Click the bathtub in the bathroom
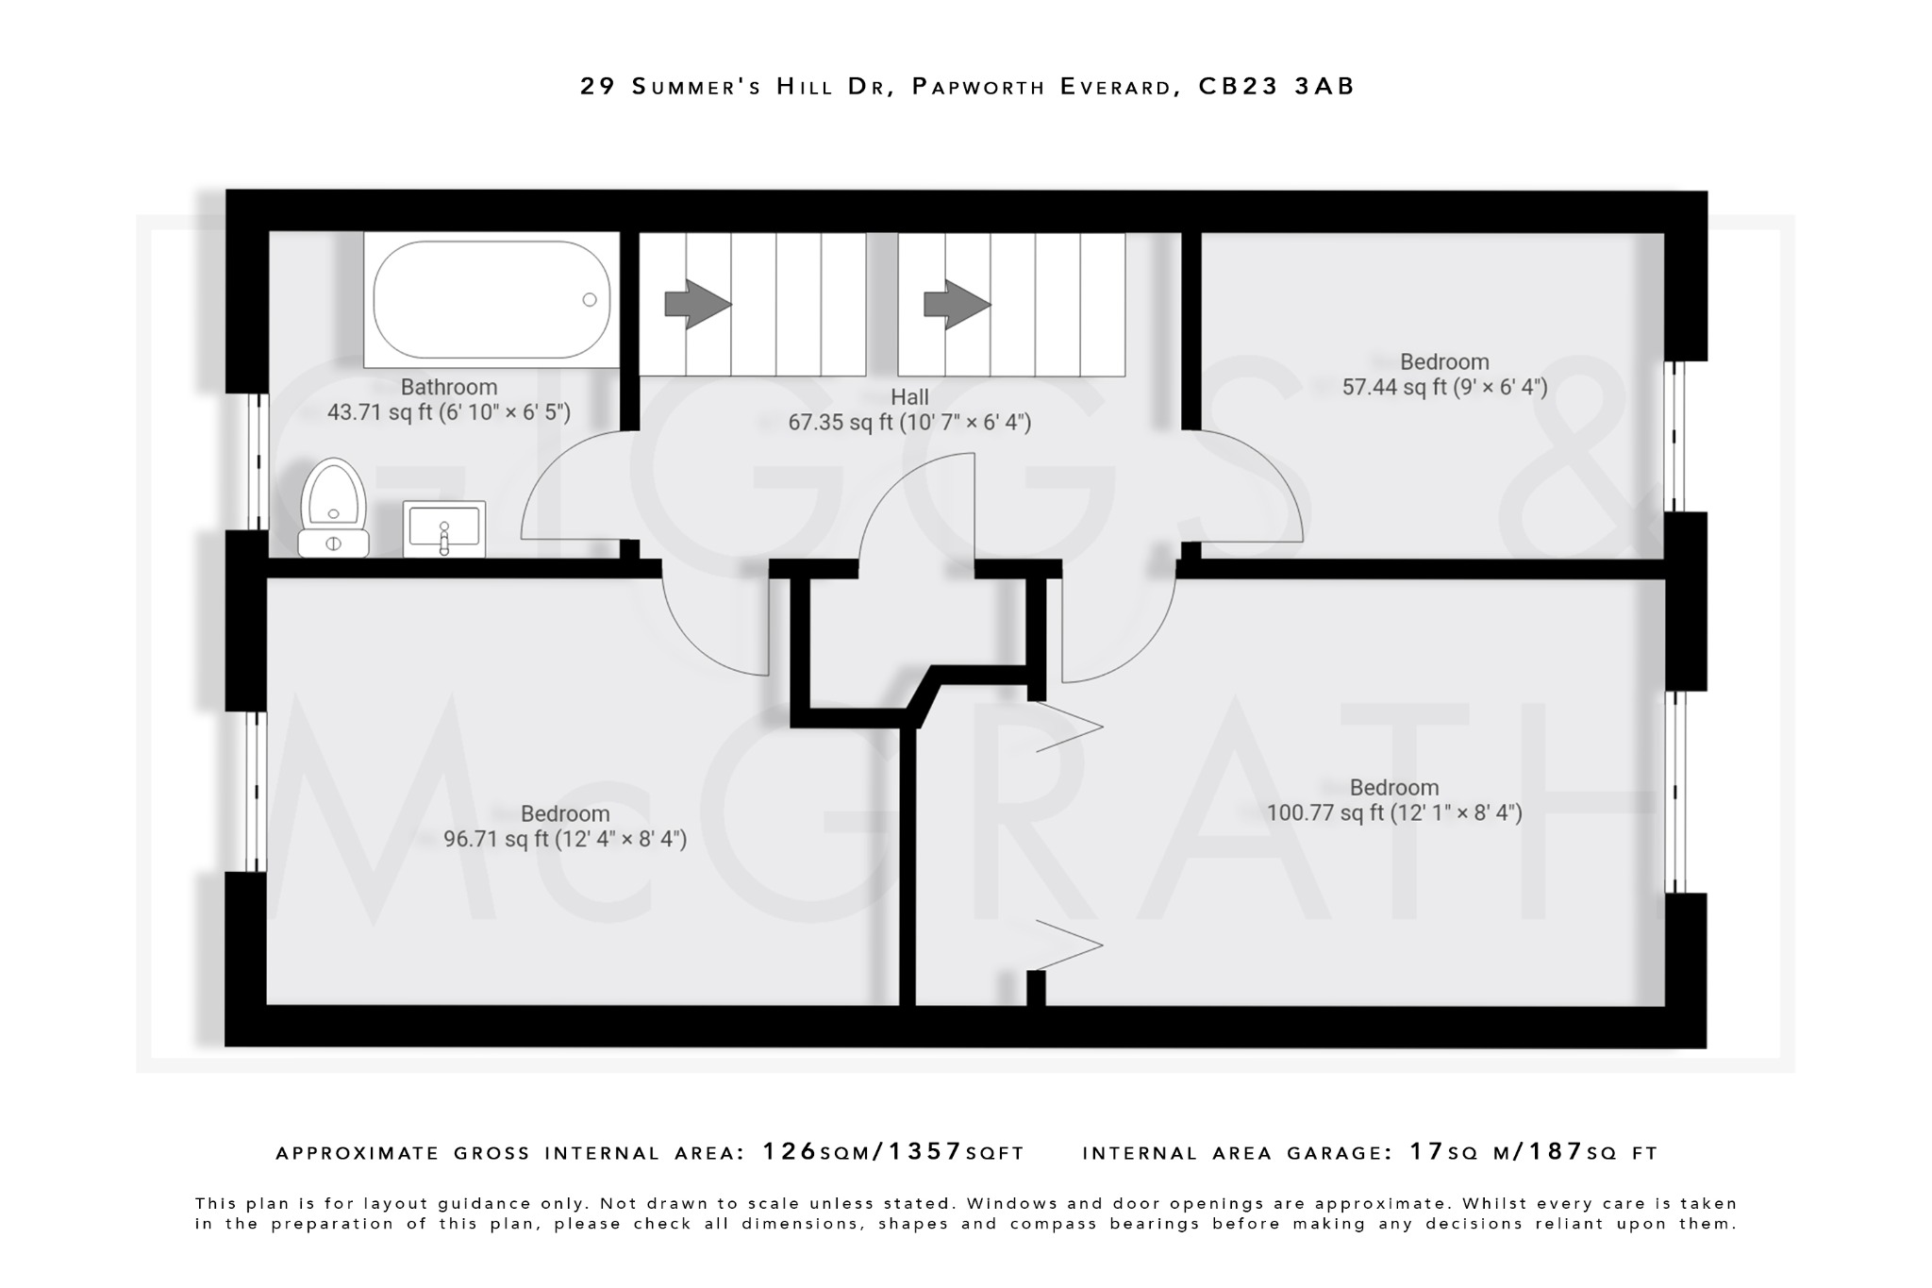coord(491,300)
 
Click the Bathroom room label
coord(448,387)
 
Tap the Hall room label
coord(909,397)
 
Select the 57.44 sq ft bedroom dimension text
coord(1444,387)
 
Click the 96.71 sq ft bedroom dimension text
coord(564,839)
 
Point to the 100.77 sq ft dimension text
coord(1393,812)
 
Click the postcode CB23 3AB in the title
coord(1276,87)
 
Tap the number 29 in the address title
coord(598,87)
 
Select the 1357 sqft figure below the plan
coord(925,1151)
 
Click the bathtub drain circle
coord(590,300)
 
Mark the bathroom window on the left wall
coord(258,461)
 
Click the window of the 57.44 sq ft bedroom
coord(1674,436)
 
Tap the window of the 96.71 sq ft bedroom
coord(256,791)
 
